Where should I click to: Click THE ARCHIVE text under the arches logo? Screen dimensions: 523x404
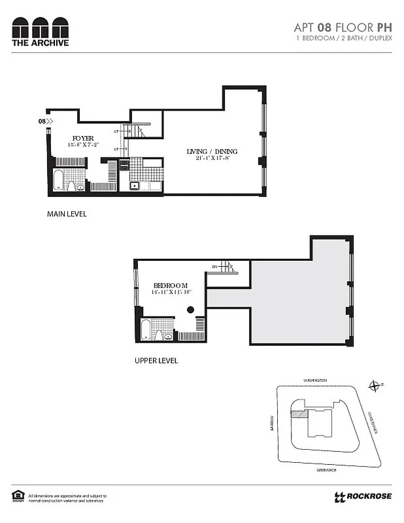[x=40, y=43]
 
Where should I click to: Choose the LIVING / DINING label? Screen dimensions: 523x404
[x=212, y=152]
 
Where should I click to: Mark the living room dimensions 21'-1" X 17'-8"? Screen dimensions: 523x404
[x=212, y=158]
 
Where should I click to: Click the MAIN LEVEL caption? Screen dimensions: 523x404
[x=66, y=214]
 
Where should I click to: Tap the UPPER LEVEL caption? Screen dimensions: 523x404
[x=156, y=360]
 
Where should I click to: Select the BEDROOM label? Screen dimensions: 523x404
[x=171, y=286]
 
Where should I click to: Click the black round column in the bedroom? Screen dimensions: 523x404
[x=190, y=310]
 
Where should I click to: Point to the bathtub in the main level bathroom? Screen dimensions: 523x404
[x=58, y=180]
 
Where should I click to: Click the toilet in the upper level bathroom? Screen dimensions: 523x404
[x=158, y=334]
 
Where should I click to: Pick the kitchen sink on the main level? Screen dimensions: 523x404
[x=135, y=185]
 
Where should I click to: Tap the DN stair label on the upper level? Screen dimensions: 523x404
[x=214, y=266]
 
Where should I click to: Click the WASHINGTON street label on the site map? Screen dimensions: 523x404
[x=314, y=380]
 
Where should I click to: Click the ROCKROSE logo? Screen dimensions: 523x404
[x=363, y=496]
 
